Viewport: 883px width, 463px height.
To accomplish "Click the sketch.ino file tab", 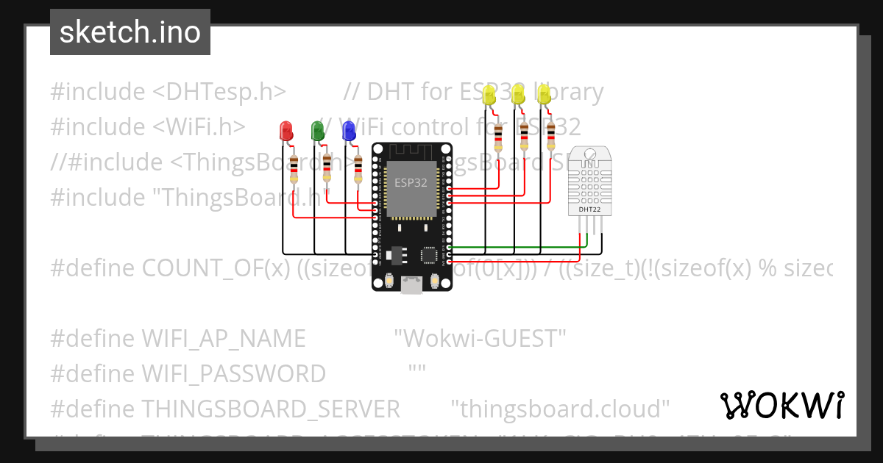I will tap(130, 32).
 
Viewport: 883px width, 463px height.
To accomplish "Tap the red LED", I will tap(286, 131).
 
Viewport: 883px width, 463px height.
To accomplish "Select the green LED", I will tap(318, 130).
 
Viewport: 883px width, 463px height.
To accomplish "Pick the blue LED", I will tap(350, 130).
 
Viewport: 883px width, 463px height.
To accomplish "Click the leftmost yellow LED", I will tap(489, 94).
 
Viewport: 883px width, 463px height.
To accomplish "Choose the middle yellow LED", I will tap(517, 93).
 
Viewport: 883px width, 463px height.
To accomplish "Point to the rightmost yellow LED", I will tap(544, 93).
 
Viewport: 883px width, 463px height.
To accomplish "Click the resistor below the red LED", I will tap(294, 169).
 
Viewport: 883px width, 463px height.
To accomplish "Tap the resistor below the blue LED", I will tap(358, 169).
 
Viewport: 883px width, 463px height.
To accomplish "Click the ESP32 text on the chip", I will tap(411, 183).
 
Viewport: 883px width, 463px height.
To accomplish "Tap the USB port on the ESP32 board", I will tap(412, 286).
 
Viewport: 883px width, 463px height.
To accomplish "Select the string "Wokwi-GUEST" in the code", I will tap(480, 339).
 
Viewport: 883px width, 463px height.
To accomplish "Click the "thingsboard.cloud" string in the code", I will tap(559, 409).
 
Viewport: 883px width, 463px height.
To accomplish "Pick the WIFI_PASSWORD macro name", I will tap(233, 374).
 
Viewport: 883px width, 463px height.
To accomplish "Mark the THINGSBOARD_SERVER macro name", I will tap(270, 409).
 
